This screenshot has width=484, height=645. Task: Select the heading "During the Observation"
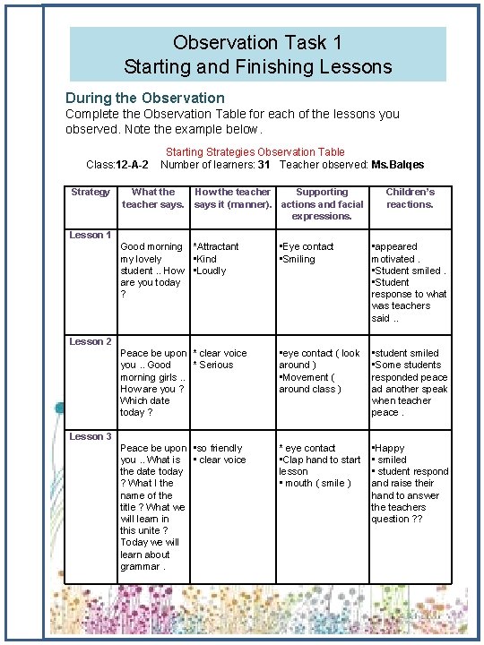pos(144,97)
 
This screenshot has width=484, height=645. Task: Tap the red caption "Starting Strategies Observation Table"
pos(255,152)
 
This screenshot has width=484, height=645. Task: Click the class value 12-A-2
pos(133,165)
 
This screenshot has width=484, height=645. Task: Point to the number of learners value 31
pos(264,165)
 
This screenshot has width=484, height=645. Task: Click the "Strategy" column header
pos(91,192)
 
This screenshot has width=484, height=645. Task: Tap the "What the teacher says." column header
pos(153,198)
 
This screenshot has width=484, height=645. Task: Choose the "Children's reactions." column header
pos(410,198)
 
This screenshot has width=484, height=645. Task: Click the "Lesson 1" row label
pos(91,235)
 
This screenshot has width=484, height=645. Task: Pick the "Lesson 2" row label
pos(91,341)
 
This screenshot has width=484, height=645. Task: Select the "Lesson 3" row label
pos(91,436)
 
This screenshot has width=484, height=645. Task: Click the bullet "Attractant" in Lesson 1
pos(218,246)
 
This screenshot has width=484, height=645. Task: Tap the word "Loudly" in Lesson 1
pos(212,271)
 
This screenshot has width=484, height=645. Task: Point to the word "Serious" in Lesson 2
pos(216,365)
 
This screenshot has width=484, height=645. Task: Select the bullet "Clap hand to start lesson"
pos(319,465)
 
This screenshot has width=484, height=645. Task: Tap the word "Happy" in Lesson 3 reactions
pos(390,448)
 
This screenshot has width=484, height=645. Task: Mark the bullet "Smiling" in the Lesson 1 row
pos(299,259)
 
